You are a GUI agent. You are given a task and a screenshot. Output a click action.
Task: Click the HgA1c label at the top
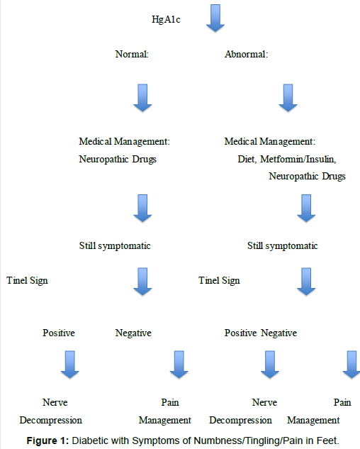pyautogui.click(x=166, y=19)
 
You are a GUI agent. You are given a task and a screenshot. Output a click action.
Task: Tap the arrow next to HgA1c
pyautogui.click(x=215, y=18)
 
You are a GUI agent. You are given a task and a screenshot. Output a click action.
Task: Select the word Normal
pyautogui.click(x=132, y=54)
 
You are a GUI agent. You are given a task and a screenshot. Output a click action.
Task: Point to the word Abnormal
pyautogui.click(x=246, y=54)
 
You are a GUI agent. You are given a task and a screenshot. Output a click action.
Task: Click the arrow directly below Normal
pyautogui.click(x=142, y=98)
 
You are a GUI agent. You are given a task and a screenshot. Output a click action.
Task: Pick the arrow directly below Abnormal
pyautogui.click(x=288, y=98)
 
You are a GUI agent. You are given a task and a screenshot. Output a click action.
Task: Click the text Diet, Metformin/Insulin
pyautogui.click(x=287, y=159)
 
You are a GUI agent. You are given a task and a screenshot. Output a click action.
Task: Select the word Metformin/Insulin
pyautogui.click(x=298, y=159)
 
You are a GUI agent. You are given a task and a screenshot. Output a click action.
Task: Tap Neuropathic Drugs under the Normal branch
pyautogui.click(x=118, y=159)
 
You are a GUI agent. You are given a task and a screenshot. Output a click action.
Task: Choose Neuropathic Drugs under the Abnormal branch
pyautogui.click(x=307, y=177)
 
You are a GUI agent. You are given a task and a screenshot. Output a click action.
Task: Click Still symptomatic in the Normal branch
pyautogui.click(x=115, y=246)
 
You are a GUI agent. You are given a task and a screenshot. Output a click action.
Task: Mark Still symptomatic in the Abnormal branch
pyautogui.click(x=283, y=246)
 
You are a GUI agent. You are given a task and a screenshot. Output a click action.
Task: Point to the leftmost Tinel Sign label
pyautogui.click(x=27, y=281)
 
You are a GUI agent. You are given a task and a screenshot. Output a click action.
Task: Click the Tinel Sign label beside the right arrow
pyautogui.click(x=219, y=281)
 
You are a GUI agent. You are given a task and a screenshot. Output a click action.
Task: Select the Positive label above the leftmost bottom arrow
pyautogui.click(x=59, y=333)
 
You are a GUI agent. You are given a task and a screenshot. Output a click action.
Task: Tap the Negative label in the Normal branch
pyautogui.click(x=133, y=333)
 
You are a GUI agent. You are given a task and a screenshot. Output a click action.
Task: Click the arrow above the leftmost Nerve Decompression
pyautogui.click(x=70, y=365)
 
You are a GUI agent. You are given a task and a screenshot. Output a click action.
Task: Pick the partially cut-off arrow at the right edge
pyautogui.click(x=351, y=365)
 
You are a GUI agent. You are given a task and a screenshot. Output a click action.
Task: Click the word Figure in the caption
pyautogui.click(x=42, y=440)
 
